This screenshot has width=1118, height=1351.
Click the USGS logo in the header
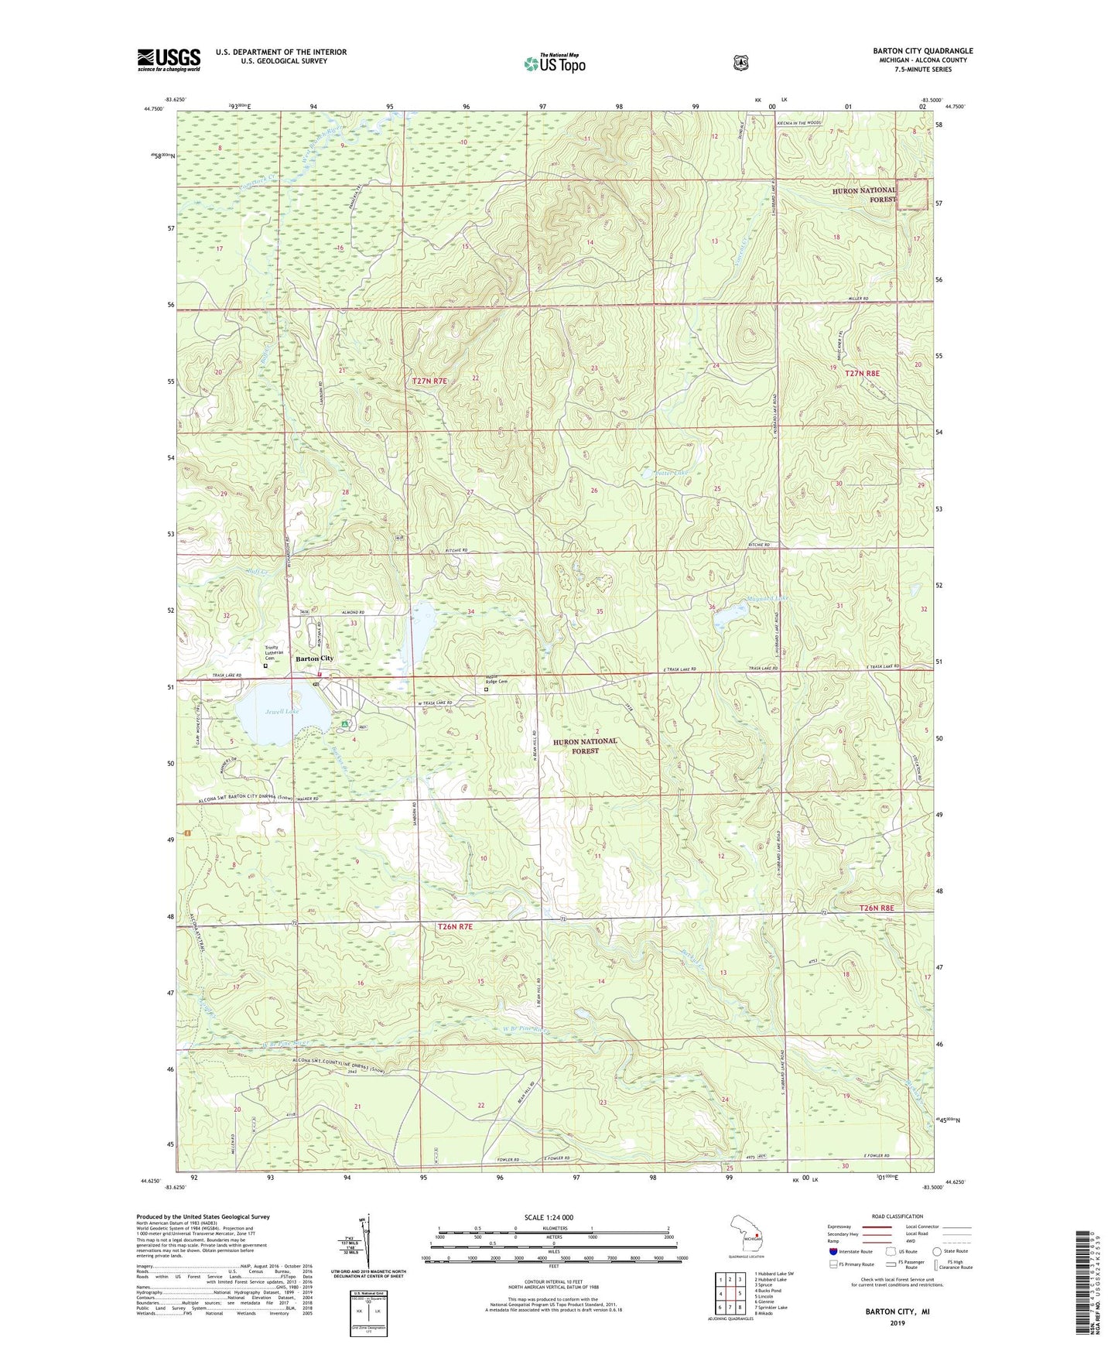coord(169,60)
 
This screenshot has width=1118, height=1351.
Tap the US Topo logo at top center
coord(554,63)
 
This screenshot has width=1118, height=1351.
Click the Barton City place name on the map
coord(314,658)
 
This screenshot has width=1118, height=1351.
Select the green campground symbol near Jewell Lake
coord(344,724)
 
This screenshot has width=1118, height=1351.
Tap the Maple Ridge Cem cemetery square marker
coord(486,689)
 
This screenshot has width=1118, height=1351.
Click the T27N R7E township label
coord(430,381)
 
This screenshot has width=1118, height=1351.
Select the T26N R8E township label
coord(876,908)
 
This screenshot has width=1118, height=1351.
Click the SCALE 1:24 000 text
coord(549,1217)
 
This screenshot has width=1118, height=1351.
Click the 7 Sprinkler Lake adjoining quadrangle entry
coord(771,1307)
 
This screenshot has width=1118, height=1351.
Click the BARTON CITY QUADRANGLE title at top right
coord(923,51)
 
